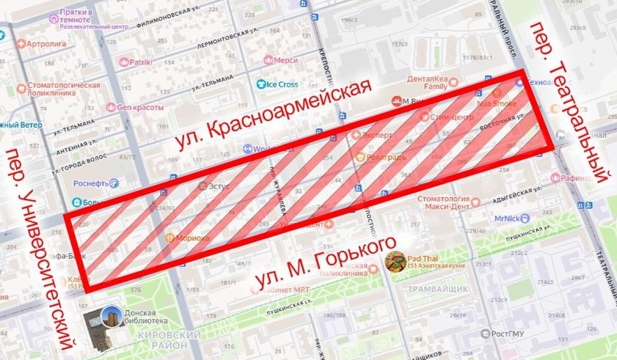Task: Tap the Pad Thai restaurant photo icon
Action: [x=396, y=261]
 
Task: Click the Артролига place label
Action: [x=46, y=44]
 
